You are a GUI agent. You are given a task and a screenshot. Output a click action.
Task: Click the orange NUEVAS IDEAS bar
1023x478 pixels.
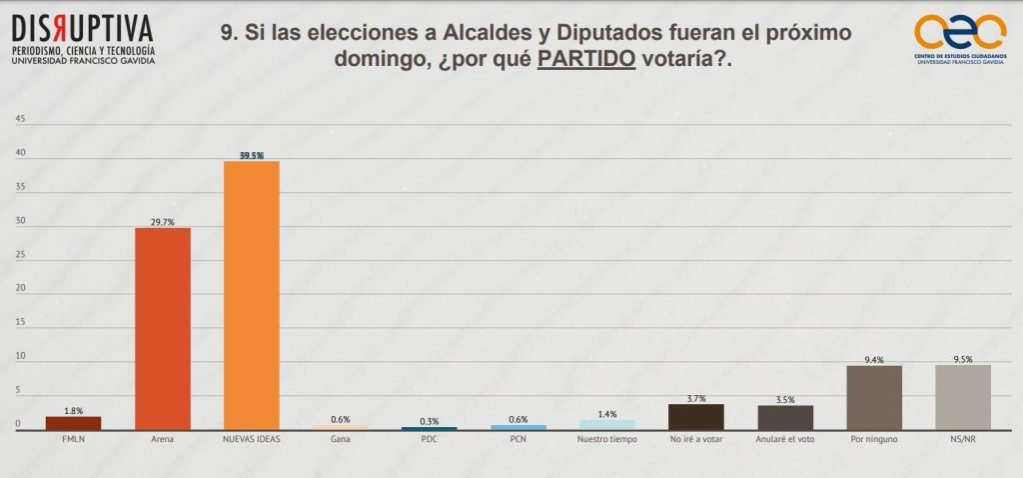[251, 295]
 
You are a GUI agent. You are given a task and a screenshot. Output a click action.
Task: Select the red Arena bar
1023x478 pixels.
[162, 329]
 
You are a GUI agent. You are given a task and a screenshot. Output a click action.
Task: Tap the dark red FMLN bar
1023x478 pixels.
[73, 423]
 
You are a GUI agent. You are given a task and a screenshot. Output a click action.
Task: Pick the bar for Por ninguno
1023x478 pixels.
[874, 397]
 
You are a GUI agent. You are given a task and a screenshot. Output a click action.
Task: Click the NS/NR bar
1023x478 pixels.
[963, 397]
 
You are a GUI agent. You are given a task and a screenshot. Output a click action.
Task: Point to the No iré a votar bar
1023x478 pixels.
[695, 417]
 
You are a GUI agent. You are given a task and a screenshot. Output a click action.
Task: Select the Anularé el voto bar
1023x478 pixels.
[785, 417]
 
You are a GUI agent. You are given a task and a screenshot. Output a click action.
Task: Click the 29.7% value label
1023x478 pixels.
[162, 222]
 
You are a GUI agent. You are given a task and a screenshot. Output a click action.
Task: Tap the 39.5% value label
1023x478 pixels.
[252, 155]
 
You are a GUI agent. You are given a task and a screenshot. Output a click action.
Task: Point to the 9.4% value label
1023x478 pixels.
[874, 358]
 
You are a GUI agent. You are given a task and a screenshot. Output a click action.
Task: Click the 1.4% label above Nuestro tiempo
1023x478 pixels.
[606, 413]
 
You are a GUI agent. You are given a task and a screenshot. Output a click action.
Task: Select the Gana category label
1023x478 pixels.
[340, 438]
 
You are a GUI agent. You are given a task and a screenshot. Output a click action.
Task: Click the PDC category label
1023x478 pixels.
[430, 438]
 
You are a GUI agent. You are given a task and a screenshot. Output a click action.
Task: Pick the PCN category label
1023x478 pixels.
[517, 438]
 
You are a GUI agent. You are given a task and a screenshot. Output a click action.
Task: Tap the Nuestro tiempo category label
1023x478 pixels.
[606, 438]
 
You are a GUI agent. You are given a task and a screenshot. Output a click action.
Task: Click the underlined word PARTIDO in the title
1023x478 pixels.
[586, 59]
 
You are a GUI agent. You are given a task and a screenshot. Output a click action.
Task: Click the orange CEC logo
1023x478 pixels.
[960, 31]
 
